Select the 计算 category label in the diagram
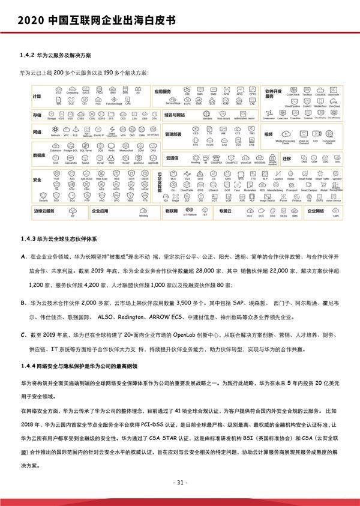click(37, 96)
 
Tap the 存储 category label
click(37, 113)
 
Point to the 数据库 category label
click(40, 155)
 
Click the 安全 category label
click(37, 180)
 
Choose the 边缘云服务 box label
click(44, 211)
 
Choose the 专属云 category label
click(225, 211)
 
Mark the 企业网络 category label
click(316, 211)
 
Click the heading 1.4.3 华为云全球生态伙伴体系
click(59, 238)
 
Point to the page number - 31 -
click(179, 482)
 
